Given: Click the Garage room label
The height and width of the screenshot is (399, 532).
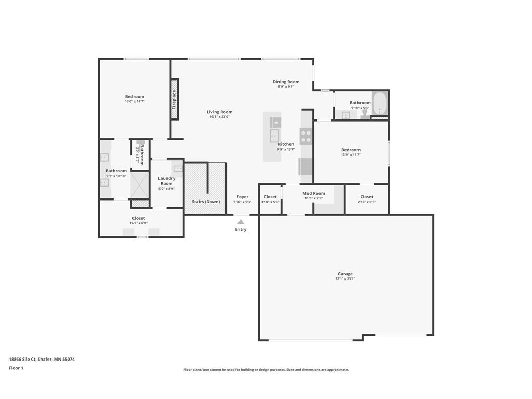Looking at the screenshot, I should pyautogui.click(x=345, y=274).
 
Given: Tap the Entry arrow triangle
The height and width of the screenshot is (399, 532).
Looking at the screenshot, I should pyautogui.click(x=241, y=222).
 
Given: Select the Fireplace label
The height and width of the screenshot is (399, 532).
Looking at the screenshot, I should pyautogui.click(x=175, y=99).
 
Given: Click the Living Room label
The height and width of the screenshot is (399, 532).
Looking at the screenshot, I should pyautogui.click(x=219, y=112).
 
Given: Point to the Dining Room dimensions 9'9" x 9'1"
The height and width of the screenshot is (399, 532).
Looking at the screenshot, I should pyautogui.click(x=286, y=87).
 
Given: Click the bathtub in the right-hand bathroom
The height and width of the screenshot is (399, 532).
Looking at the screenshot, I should pyautogui.click(x=380, y=103).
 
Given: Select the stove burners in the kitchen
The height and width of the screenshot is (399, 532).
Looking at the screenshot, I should pyautogui.click(x=306, y=137).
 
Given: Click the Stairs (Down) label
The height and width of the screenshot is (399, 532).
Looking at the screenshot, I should pyautogui.click(x=205, y=202).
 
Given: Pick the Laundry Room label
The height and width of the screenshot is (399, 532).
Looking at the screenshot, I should pyautogui.click(x=166, y=181).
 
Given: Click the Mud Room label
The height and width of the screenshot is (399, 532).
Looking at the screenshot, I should pyautogui.click(x=314, y=193).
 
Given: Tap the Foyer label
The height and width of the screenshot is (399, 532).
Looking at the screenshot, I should pyautogui.click(x=242, y=197).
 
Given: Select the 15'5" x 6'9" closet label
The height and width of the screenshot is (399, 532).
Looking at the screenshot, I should pyautogui.click(x=139, y=218).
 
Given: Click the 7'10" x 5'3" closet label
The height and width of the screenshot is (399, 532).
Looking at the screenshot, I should pyautogui.click(x=367, y=197).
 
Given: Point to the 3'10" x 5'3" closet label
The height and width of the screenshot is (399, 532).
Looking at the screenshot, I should pyautogui.click(x=270, y=197).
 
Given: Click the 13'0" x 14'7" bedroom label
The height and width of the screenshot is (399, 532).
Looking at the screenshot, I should pyautogui.click(x=135, y=96).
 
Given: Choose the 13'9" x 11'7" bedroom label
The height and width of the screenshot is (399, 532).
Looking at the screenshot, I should pyautogui.click(x=351, y=150).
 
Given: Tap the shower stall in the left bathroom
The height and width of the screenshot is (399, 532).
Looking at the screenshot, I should pyautogui.click(x=139, y=185).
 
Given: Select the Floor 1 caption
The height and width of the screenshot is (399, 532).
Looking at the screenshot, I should pyautogui.click(x=16, y=368).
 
